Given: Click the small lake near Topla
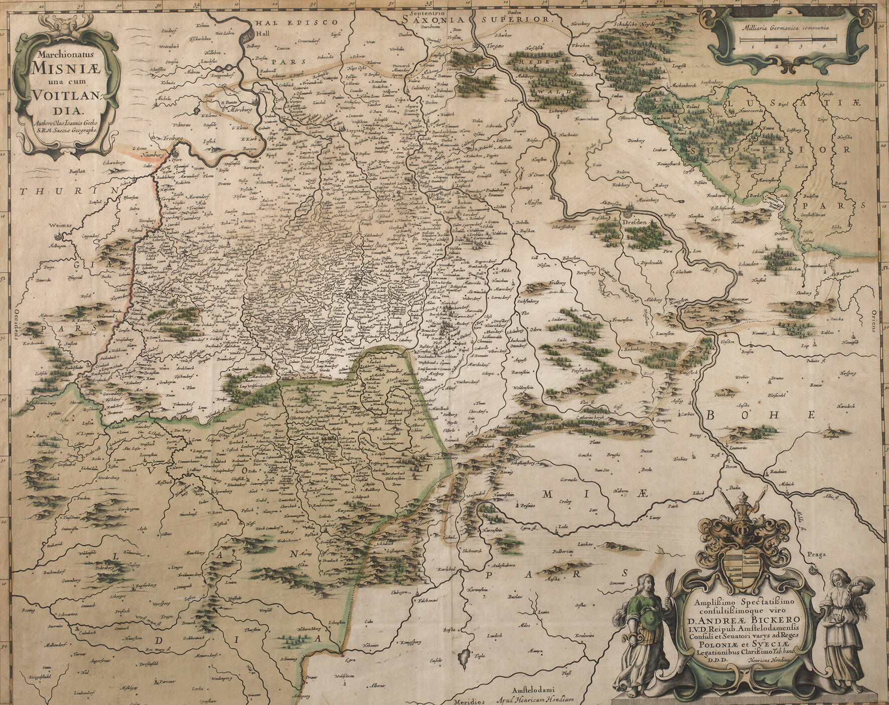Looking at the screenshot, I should tap(464, 655).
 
